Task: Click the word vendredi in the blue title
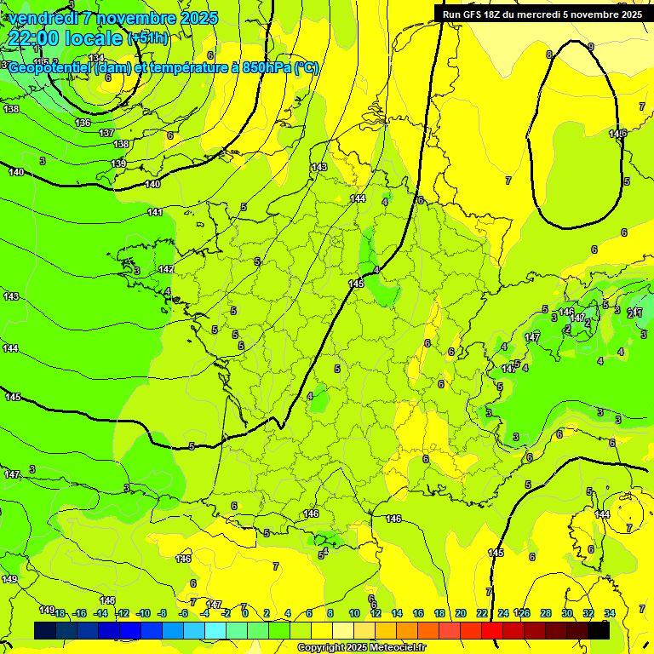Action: click(x=43, y=18)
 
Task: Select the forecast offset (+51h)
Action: click(x=148, y=38)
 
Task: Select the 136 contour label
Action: click(x=83, y=123)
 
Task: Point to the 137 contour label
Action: click(x=106, y=133)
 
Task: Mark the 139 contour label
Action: click(x=118, y=163)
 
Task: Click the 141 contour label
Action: click(x=155, y=212)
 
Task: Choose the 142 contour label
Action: click(x=166, y=269)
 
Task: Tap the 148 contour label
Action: click(x=107, y=600)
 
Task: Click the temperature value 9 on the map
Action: click(x=591, y=47)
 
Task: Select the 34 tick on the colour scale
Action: click(x=609, y=613)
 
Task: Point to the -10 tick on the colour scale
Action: click(x=143, y=613)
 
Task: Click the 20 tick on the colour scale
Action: click(x=461, y=613)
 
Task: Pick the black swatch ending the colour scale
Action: click(x=599, y=629)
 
